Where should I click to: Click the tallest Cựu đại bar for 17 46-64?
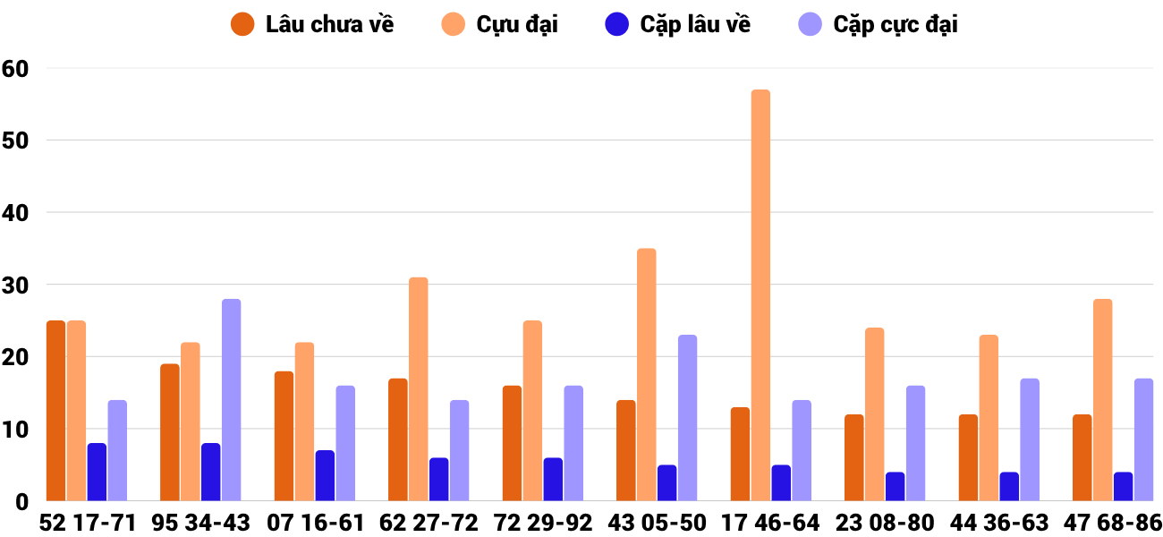760,295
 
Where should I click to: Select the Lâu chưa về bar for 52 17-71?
55,411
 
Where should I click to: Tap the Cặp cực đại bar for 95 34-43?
231,400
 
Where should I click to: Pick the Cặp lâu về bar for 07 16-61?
325,476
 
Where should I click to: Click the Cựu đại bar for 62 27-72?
419,389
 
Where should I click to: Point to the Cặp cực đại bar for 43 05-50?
687,418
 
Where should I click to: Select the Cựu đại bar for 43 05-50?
647,375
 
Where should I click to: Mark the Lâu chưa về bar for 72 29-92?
512,443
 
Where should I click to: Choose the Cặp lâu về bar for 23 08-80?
895,487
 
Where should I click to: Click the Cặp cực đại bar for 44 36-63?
1030,439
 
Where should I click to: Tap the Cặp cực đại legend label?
896,24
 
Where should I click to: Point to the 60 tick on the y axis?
15,69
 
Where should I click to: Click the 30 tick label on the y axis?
15,286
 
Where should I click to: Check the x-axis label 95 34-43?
199,523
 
